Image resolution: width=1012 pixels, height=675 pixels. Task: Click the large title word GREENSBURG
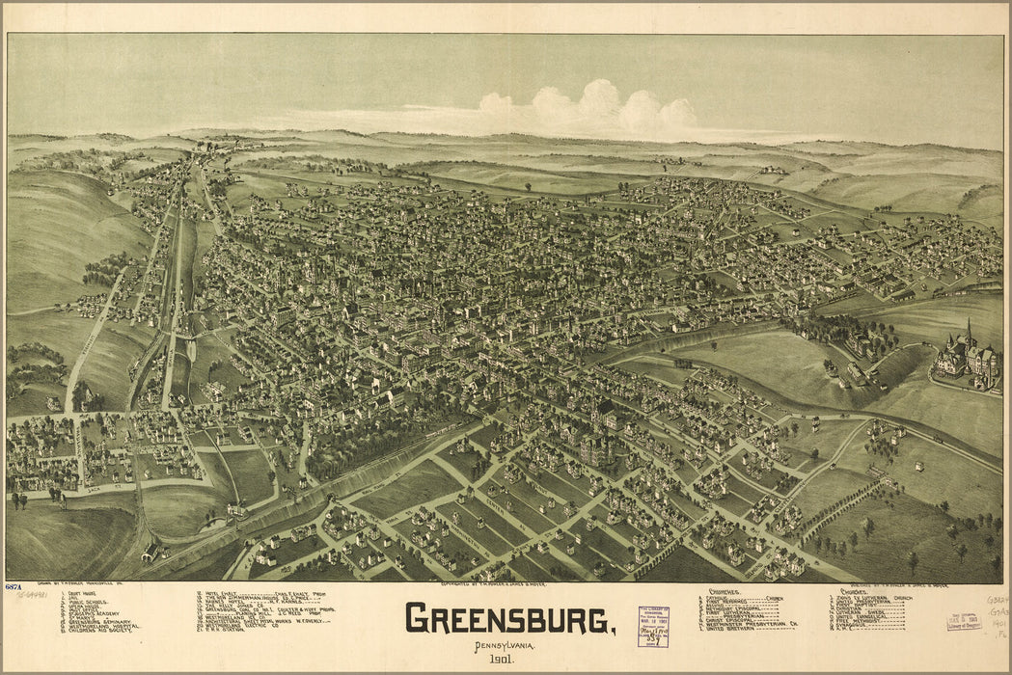[x=508, y=618]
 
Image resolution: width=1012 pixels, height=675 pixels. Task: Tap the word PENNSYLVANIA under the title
[x=509, y=643]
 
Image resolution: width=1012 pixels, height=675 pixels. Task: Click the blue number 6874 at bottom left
[x=14, y=587]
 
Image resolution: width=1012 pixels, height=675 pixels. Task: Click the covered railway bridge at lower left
[x=150, y=553]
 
